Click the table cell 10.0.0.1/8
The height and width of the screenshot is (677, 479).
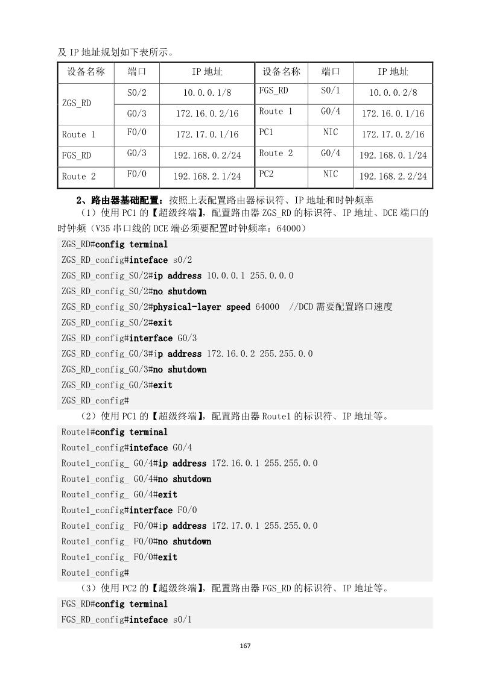tap(207, 93)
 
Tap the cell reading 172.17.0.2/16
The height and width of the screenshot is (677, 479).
tap(393, 134)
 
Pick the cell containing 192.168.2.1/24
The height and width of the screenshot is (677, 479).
tap(207, 177)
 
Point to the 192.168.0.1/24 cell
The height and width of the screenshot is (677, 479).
tap(393, 156)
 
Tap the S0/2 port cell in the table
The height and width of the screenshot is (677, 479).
tap(137, 93)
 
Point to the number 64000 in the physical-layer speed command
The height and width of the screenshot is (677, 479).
tap(267, 307)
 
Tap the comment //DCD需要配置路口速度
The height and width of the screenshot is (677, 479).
tap(341, 307)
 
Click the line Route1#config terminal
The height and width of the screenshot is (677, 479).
tap(115, 432)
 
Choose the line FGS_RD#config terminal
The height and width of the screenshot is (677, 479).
tap(115, 604)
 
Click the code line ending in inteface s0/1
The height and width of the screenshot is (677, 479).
tap(124, 620)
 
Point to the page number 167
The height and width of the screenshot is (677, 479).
tap(245, 646)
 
